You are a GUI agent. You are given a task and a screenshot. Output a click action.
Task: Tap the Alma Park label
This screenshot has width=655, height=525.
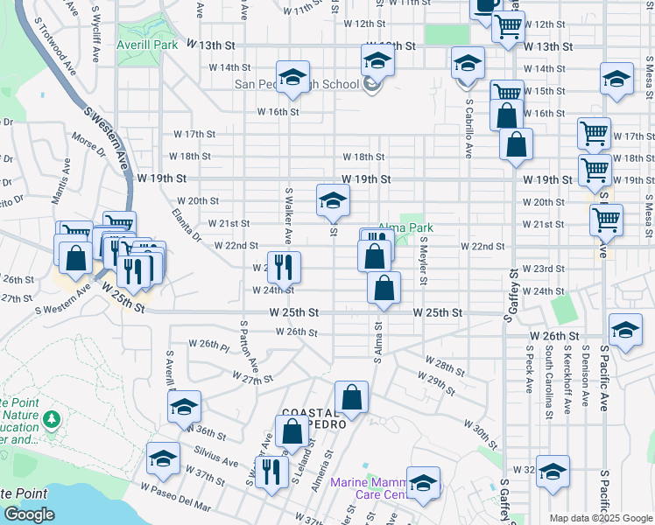[405, 227]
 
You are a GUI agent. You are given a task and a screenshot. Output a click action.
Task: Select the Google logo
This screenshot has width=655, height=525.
[29, 515]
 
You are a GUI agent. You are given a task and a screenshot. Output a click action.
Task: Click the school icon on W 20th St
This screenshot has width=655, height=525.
[332, 200]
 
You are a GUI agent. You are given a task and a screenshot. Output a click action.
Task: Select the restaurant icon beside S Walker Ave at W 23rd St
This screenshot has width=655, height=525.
[283, 266]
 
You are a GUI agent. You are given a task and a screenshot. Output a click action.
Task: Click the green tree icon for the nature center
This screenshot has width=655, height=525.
[52, 420]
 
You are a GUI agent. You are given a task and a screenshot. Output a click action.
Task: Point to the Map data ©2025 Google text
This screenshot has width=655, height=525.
[600, 518]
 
